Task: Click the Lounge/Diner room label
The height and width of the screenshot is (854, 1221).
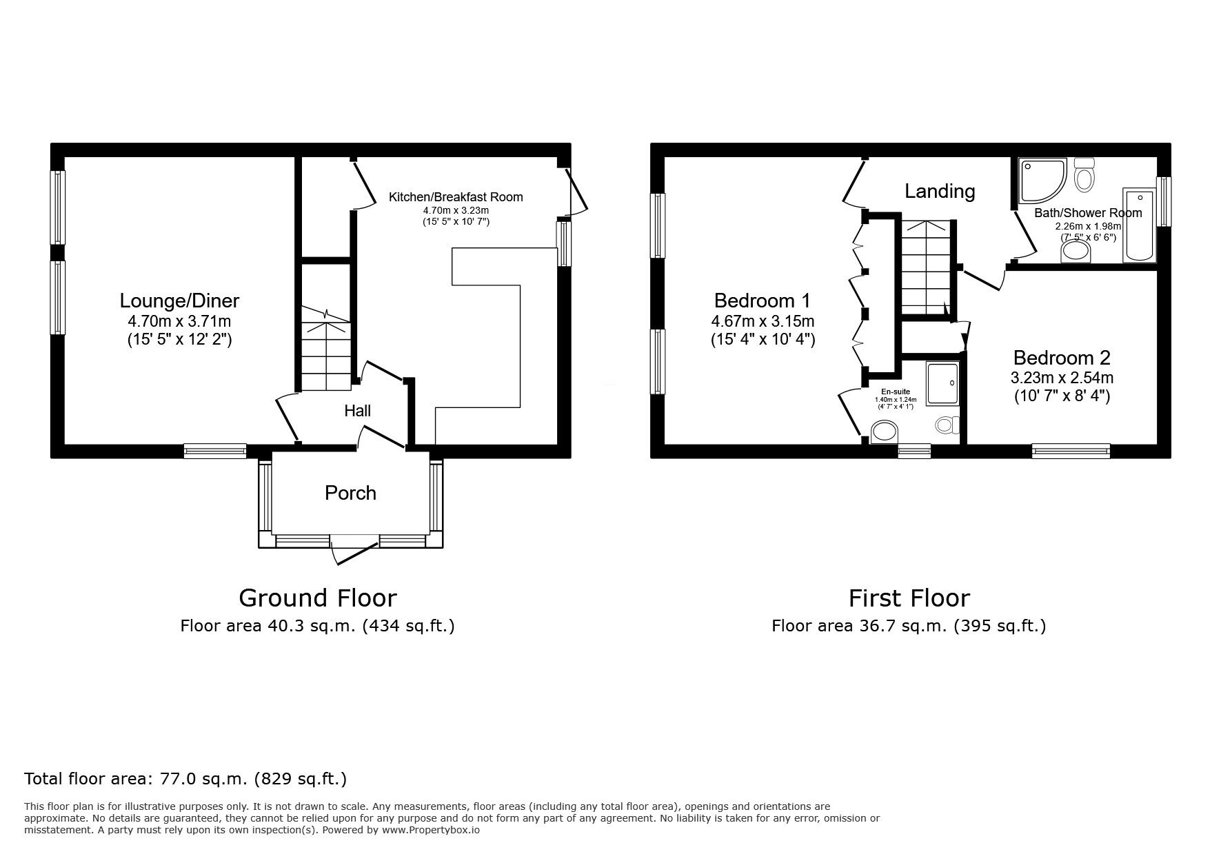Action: pos(179,301)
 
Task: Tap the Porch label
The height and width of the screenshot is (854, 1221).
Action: pos(350,493)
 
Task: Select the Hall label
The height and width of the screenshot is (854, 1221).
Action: pos(357,411)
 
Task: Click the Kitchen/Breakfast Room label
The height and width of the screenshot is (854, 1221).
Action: pos(456,197)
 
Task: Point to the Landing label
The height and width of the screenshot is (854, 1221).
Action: pos(939,191)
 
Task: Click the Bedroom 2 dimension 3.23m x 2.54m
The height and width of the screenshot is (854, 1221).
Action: pos(1062,378)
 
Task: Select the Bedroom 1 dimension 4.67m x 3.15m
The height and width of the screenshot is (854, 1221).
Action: pos(763,321)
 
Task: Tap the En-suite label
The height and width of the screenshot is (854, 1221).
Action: pos(895,392)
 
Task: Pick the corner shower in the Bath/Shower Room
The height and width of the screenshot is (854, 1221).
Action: pos(1041,175)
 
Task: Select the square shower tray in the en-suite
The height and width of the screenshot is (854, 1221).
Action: pos(942,383)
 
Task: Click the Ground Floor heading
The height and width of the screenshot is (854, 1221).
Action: pos(317,598)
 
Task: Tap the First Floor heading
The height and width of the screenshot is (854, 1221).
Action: pos(909,598)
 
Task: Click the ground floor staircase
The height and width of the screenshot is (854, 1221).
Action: pos(325,348)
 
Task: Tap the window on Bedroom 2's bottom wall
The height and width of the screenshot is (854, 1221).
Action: pos(1071,451)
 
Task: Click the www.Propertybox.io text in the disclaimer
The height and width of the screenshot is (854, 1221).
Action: pos(430,831)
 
